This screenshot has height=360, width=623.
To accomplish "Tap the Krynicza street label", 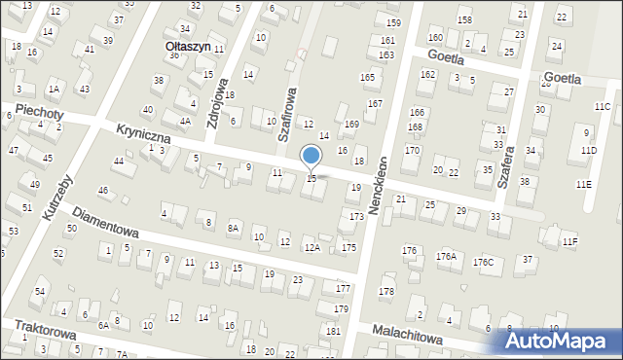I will [143, 133].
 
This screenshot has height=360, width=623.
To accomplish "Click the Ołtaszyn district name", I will [186, 45].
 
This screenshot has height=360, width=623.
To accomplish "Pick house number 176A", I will [446, 256].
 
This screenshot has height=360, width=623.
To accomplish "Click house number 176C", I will [483, 262].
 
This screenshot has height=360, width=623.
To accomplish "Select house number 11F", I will [569, 240].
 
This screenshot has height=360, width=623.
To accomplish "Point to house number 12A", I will [311, 248].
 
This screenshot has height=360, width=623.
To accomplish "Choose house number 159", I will [393, 22].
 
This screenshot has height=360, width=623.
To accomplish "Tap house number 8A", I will [233, 228].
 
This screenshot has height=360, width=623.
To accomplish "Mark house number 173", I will [356, 216].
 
